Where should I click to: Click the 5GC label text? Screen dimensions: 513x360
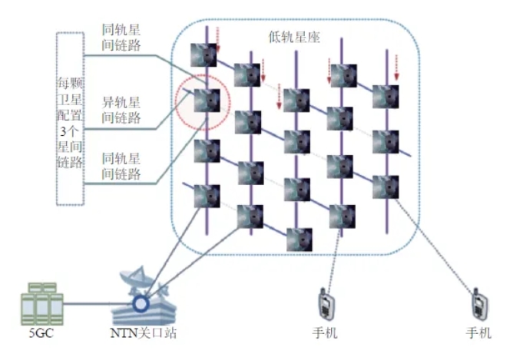pyautogui.click(x=41, y=333)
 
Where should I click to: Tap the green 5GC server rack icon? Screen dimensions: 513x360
pyautogui.click(x=42, y=304)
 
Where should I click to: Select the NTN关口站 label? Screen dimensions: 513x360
pyautogui.click(x=144, y=333)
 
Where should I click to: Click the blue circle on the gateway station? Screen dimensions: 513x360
pyautogui.click(x=141, y=304)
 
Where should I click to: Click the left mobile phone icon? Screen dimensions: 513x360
pyautogui.click(x=326, y=304)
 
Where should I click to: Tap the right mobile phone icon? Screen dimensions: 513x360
pyautogui.click(x=479, y=304)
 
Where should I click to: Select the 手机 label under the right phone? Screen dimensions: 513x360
pyautogui.click(x=478, y=333)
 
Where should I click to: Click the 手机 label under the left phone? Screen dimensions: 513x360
pyautogui.click(x=325, y=333)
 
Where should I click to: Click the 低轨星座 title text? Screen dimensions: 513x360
pyautogui.click(x=294, y=37)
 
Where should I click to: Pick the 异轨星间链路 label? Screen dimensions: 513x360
pyautogui.click(x=121, y=110)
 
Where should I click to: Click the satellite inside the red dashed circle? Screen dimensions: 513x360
pyautogui.click(x=207, y=101)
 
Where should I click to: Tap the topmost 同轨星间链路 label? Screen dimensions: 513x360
pyautogui.click(x=121, y=38)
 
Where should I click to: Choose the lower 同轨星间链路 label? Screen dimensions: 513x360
pyautogui.click(x=121, y=166)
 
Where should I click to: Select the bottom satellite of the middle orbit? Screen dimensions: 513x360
pyautogui.click(x=300, y=239)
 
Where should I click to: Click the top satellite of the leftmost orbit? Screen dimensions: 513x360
pyautogui.click(x=204, y=55)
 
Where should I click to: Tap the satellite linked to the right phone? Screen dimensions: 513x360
pyautogui.click(x=386, y=187)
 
